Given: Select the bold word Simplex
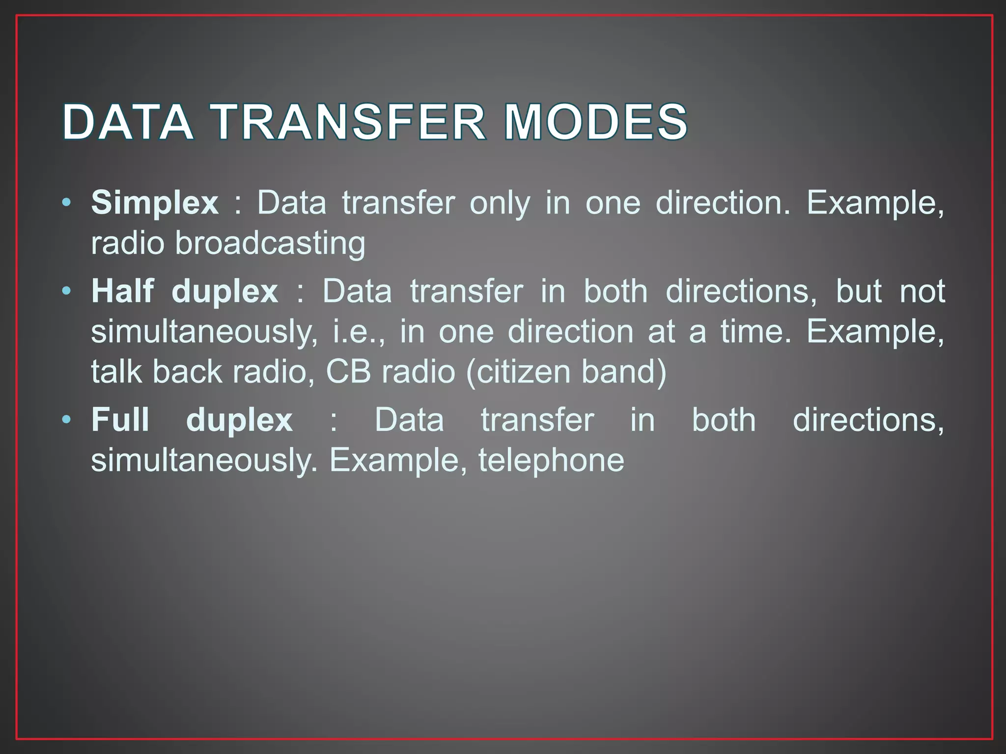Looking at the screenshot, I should click(x=155, y=203).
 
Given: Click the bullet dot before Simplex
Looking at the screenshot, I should click(x=67, y=202).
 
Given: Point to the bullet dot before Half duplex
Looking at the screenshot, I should click(x=67, y=291).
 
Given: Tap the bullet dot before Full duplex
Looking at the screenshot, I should click(x=67, y=420).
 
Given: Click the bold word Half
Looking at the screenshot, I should click(x=123, y=291).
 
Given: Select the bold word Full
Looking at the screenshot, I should click(x=120, y=420).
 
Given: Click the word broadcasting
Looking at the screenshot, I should click(x=270, y=243).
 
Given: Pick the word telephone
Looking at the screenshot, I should click(x=551, y=460).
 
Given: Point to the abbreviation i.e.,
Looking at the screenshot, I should click(x=359, y=331).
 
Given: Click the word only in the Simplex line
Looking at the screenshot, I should click(x=500, y=203).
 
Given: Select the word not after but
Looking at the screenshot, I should click(x=922, y=291).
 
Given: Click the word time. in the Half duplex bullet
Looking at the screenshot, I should click(x=756, y=331).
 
